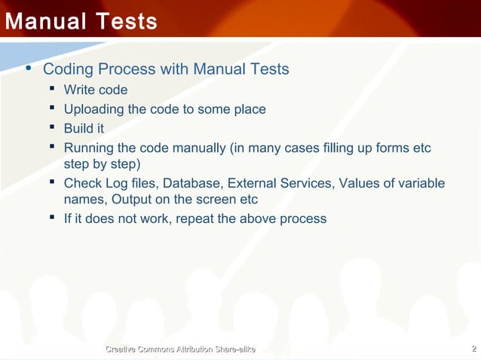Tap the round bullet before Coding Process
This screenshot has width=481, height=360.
click(x=29, y=69)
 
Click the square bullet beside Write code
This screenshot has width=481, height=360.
click(x=53, y=90)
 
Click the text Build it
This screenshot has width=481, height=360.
click(x=84, y=128)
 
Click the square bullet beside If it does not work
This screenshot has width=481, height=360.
click(x=53, y=218)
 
